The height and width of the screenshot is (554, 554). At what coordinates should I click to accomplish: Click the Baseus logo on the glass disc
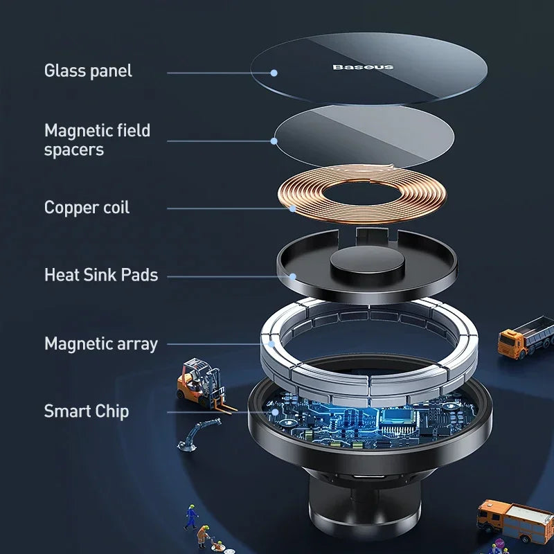(x=363, y=66)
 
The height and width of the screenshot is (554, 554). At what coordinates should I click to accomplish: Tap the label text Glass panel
(x=88, y=71)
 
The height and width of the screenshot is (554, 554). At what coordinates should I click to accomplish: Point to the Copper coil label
(x=87, y=207)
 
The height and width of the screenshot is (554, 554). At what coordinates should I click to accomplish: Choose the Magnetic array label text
(x=101, y=343)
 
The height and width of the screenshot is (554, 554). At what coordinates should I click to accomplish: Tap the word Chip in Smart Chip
(x=111, y=411)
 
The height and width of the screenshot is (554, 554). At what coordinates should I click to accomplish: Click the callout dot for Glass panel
(x=274, y=72)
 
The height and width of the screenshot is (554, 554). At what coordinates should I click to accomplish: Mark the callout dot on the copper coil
(x=292, y=208)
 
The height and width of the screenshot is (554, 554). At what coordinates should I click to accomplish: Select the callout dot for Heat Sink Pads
(x=293, y=276)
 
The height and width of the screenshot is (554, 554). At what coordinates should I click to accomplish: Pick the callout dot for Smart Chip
(x=275, y=411)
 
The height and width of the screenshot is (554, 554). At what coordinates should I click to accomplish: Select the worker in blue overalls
(x=190, y=516)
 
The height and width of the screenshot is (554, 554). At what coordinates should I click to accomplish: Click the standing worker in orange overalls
(x=204, y=534)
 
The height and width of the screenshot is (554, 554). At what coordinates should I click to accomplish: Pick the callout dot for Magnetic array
(x=272, y=343)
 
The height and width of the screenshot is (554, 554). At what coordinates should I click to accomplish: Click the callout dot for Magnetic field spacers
(x=274, y=141)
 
